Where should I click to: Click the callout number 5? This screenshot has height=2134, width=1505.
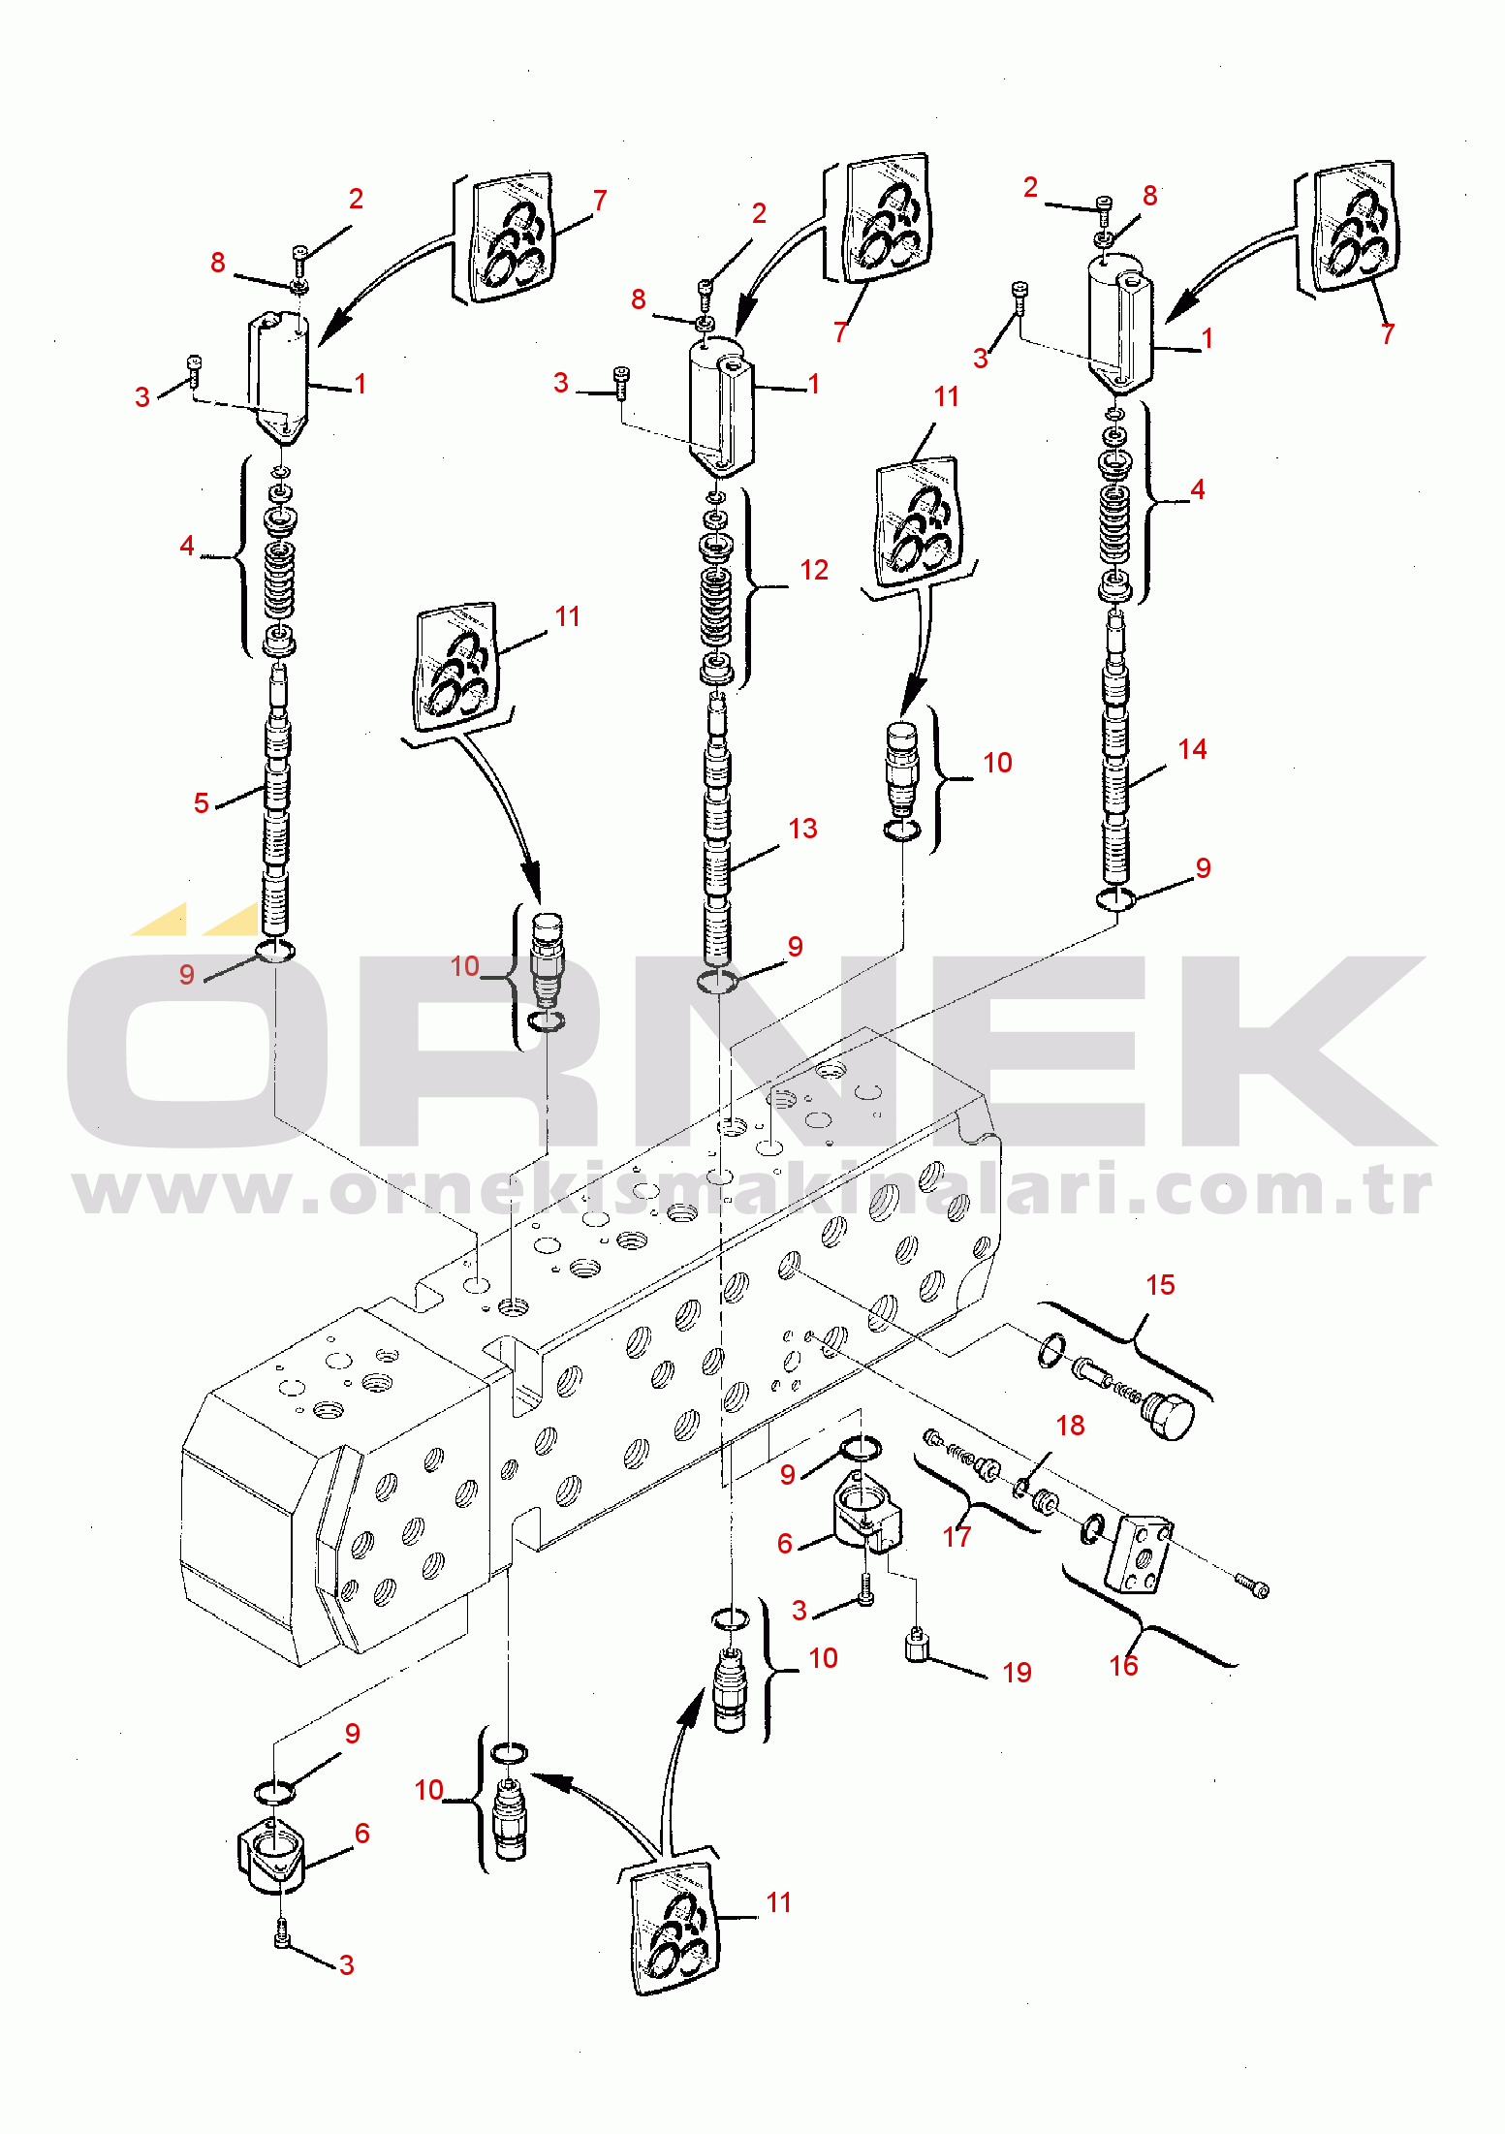(201, 802)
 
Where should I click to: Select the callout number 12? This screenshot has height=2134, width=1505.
(814, 570)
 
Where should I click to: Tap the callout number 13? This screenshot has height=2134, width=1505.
(802, 829)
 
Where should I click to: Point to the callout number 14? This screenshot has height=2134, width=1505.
(1192, 749)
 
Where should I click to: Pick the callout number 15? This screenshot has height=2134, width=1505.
(1160, 1285)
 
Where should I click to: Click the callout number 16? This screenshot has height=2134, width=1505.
(1123, 1665)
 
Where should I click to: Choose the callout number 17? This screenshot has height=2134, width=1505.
(956, 1536)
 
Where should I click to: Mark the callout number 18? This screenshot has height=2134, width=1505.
(1070, 1425)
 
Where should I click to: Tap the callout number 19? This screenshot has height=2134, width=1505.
(1017, 1672)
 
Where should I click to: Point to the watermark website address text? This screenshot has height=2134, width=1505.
(753, 1191)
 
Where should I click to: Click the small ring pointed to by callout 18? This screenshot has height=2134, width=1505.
(1019, 1487)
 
